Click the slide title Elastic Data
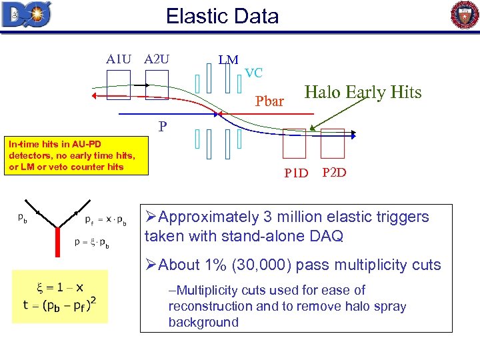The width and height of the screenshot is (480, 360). tap(222, 15)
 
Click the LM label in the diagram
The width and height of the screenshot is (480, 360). tap(228, 60)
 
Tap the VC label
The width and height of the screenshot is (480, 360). tap(253, 73)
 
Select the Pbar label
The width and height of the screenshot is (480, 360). tap(270, 102)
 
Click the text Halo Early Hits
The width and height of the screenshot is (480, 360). tap(363, 93)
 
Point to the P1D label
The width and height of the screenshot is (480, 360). tap(296, 174)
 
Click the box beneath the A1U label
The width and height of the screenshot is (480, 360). tap(119, 85)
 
